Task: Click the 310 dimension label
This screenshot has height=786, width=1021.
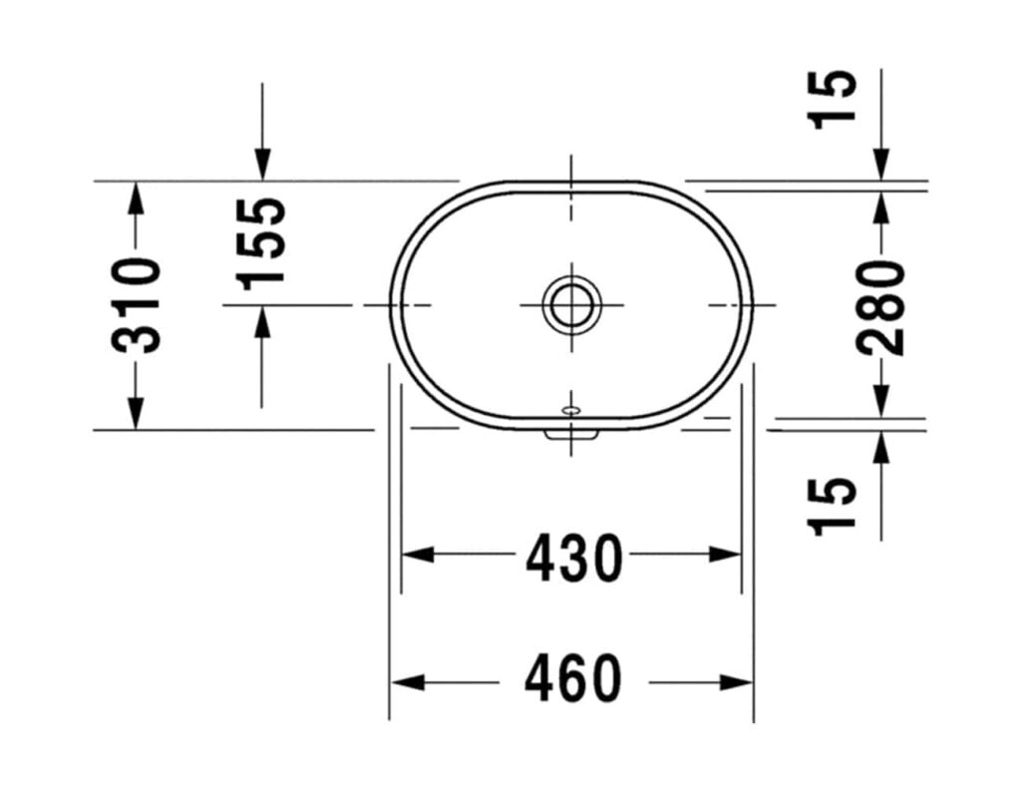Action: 136,304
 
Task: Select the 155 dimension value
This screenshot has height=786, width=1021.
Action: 263,240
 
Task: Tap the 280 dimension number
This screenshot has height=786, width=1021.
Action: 881,306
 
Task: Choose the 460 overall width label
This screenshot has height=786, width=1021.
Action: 573,682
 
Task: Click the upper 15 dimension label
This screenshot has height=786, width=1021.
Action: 834,98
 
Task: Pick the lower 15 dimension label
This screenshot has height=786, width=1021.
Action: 834,507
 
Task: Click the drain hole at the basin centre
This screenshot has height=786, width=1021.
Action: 571,303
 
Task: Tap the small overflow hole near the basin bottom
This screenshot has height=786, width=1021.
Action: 571,409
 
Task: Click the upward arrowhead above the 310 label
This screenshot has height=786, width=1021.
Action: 136,196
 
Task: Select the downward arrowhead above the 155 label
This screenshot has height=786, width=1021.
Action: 262,165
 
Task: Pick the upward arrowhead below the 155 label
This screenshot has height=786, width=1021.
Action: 262,321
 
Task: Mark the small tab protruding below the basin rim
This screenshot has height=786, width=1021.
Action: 571,434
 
